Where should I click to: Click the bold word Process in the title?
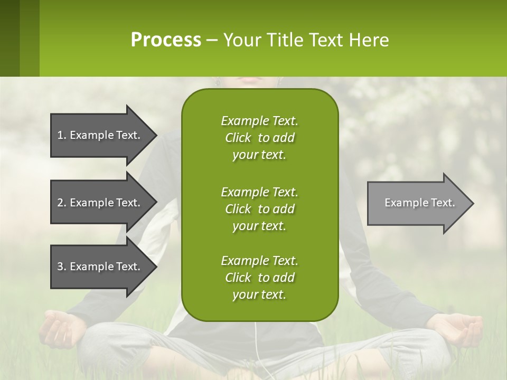click(166, 40)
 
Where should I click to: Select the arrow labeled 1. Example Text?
click(100, 135)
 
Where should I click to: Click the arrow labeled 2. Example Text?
click(100, 203)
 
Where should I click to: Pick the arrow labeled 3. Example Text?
click(100, 267)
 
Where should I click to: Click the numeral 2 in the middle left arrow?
click(60, 203)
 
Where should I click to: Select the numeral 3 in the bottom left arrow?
click(60, 267)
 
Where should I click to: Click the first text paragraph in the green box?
click(259, 138)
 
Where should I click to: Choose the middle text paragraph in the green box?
click(259, 208)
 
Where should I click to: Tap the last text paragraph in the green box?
click(259, 278)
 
